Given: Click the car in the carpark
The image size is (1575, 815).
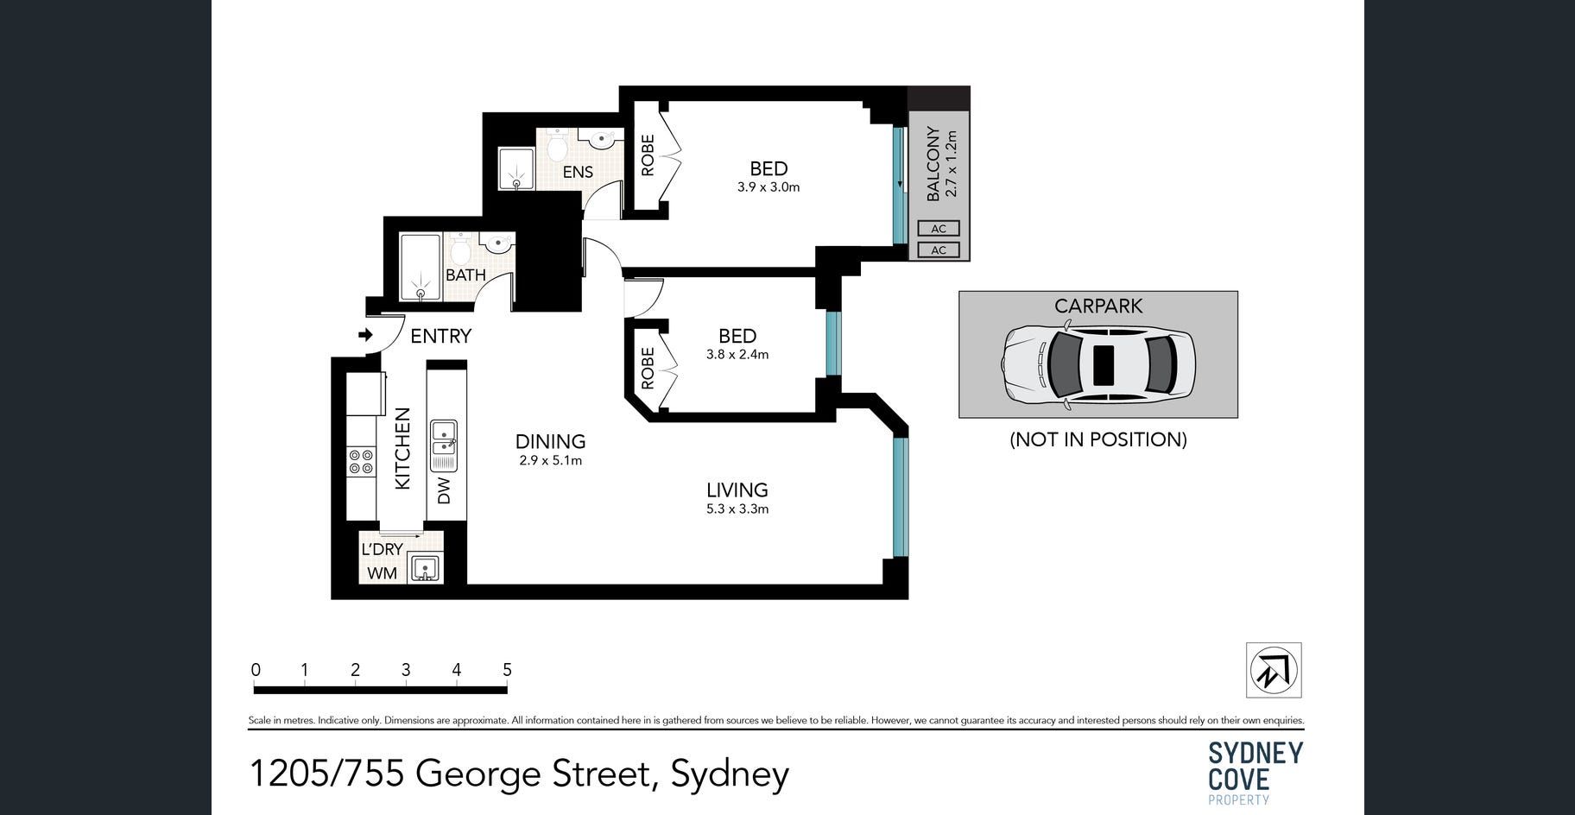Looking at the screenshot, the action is coord(1098,364).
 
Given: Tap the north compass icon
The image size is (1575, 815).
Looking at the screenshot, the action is coord(1274,670).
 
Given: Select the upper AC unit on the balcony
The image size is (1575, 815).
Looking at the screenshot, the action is coord(939,229).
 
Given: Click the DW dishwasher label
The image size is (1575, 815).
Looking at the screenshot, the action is coord(444,490).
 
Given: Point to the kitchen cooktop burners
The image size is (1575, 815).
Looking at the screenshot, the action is coord(361,462).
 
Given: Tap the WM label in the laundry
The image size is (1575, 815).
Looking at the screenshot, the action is coord(383,572).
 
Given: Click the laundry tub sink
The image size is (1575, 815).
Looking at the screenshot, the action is coord(424,568).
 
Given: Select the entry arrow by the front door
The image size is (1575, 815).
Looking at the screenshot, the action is coord(365,335).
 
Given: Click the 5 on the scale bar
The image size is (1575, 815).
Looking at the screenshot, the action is coord(507,670).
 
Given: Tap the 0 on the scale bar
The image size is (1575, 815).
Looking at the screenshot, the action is coord(256,670).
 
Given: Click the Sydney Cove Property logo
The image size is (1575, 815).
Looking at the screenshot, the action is coord(1255,772).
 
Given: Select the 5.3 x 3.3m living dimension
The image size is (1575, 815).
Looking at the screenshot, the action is coord(737,509).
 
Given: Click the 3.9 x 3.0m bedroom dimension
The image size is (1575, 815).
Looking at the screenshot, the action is coord(769,187).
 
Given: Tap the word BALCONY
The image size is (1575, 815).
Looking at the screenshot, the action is coord(933,164).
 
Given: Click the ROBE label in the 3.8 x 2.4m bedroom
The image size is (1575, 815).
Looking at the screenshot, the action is coord(648,368).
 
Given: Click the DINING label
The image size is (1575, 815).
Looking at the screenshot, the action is coord(551,441).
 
